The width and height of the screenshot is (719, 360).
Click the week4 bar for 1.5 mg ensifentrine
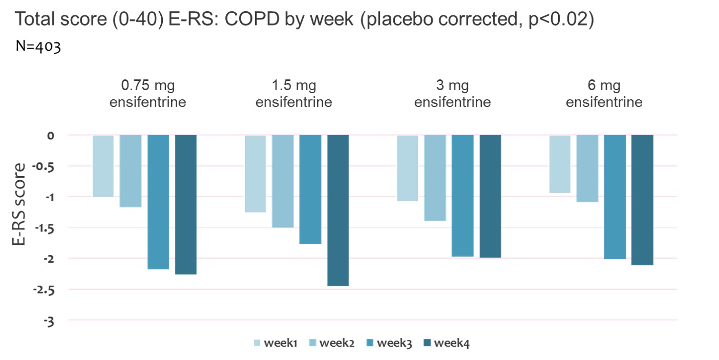[x=338, y=210]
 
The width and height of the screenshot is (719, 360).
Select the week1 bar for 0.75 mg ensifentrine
[x=103, y=166]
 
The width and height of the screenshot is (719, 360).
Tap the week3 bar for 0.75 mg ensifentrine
[x=158, y=202]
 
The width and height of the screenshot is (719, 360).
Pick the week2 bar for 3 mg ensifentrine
[x=435, y=178]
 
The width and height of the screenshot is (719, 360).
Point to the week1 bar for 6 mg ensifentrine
[x=560, y=164]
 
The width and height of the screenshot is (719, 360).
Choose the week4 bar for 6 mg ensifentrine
[x=642, y=200]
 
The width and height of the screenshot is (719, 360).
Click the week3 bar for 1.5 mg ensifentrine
[x=310, y=189]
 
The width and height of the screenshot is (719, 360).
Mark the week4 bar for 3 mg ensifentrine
[x=490, y=196]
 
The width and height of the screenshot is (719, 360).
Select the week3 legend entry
[x=390, y=343]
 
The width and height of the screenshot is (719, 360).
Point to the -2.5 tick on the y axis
[x=46, y=289]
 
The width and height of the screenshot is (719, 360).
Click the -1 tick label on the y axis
[x=50, y=197]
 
